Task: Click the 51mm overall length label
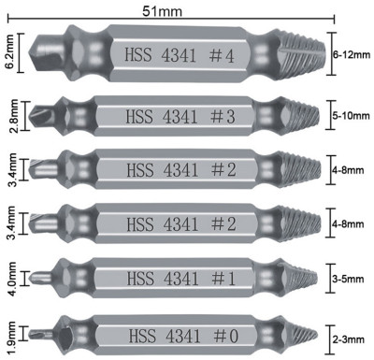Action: pyautogui.click(x=162, y=11)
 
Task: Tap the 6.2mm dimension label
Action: pyautogui.click(x=10, y=52)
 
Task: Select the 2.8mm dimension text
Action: pyautogui.click(x=13, y=116)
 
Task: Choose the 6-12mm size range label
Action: pyautogui.click(x=352, y=55)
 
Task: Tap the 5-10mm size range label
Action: pyautogui.click(x=351, y=116)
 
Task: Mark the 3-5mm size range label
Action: pyautogui.click(x=348, y=279)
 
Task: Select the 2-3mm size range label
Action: pyautogui.click(x=348, y=339)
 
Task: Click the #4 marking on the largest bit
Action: pyautogui.click(x=222, y=56)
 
